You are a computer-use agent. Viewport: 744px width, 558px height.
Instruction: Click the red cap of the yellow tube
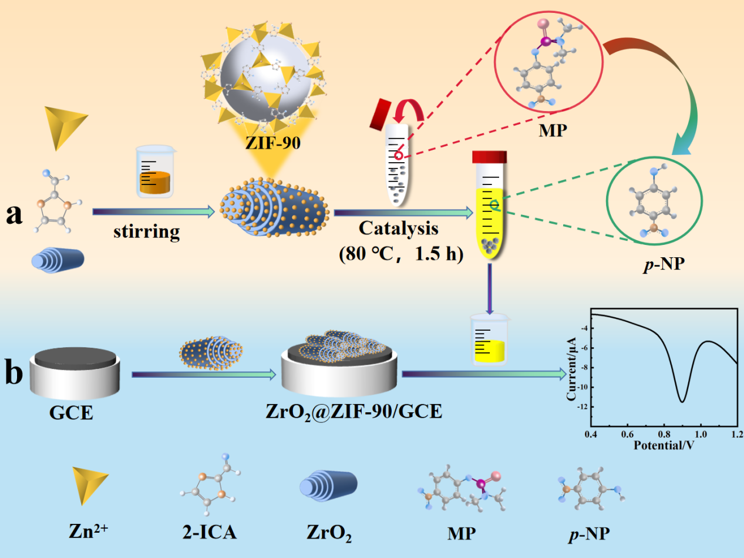click(489, 157)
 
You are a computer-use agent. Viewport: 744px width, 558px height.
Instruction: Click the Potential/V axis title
click(664, 445)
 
